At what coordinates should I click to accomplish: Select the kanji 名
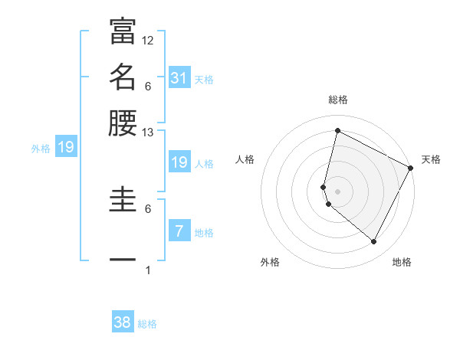click(x=123, y=77)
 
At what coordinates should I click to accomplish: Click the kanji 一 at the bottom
click(x=123, y=259)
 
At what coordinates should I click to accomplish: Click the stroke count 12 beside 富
click(x=148, y=40)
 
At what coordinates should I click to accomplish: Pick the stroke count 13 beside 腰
click(x=148, y=133)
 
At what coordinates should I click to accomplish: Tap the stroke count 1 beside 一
click(x=148, y=270)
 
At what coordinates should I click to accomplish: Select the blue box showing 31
click(x=179, y=77)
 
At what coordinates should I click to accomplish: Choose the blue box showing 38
click(x=123, y=322)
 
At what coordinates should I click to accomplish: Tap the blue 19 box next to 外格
click(x=65, y=147)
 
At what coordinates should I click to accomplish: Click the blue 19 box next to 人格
click(x=179, y=162)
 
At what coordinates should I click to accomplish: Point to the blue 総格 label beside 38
click(x=147, y=324)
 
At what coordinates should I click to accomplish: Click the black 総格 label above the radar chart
click(x=338, y=100)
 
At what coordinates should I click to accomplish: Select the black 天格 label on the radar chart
click(x=431, y=159)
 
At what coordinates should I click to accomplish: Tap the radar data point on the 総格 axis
click(x=337, y=130)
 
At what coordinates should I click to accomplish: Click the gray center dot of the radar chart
click(x=337, y=191)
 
